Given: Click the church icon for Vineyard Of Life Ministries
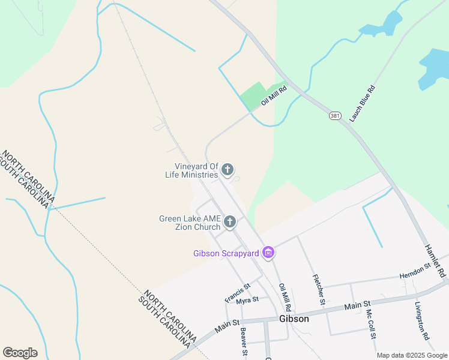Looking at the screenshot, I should pyautogui.click(x=227, y=170).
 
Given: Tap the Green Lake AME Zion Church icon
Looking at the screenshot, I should pyautogui.click(x=229, y=223).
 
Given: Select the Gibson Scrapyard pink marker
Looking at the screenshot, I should pyautogui.click(x=268, y=253).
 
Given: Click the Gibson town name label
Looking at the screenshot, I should pyautogui.click(x=294, y=319).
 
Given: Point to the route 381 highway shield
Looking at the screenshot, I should pyautogui.click(x=334, y=115).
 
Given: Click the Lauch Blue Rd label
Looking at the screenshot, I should pyautogui.click(x=362, y=104).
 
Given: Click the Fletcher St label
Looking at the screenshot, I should pyautogui.click(x=318, y=289).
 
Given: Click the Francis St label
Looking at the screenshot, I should pyautogui.click(x=237, y=292).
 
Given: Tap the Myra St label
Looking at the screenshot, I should pyautogui.click(x=247, y=299).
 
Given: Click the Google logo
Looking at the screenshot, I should pyautogui.click(x=20, y=353).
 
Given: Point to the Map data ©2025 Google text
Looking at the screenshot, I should pyautogui.click(x=411, y=355).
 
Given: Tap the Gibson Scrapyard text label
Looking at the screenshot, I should pyautogui.click(x=226, y=253).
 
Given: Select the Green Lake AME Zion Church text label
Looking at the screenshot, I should pyautogui.click(x=190, y=223).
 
